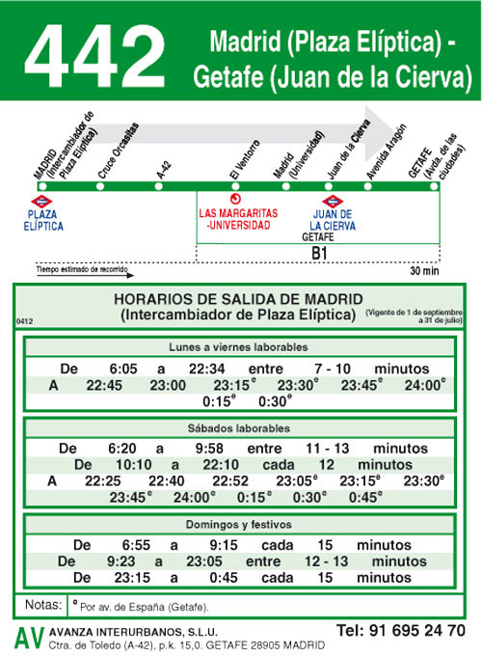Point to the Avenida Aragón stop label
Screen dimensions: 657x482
[x=380, y=154]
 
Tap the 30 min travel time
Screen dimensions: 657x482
[x=423, y=271]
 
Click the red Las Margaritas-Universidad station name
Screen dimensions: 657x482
[x=238, y=219]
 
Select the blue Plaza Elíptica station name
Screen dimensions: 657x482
[x=45, y=219]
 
